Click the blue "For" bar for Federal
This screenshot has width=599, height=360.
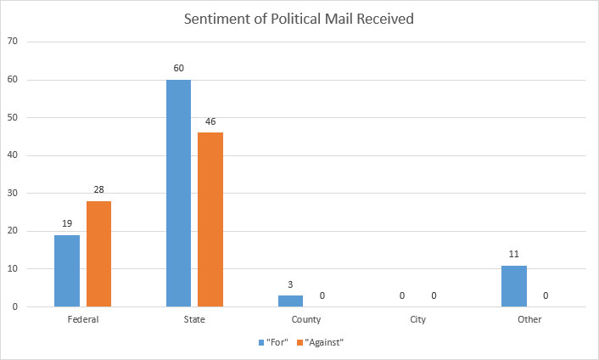pos(67,271)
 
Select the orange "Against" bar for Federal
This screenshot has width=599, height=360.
pos(98,254)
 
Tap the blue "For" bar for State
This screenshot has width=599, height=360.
pos(178,194)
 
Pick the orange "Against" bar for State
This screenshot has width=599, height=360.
pos(210,220)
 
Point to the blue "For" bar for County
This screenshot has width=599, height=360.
pos(290,301)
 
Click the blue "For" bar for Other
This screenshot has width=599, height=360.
pos(514,286)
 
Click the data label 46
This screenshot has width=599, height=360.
pos(210,121)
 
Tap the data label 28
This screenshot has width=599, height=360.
pos(98,190)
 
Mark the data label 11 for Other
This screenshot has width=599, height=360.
pos(514,254)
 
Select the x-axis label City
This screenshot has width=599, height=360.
pos(417,320)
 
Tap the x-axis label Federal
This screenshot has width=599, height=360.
pos(82,320)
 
